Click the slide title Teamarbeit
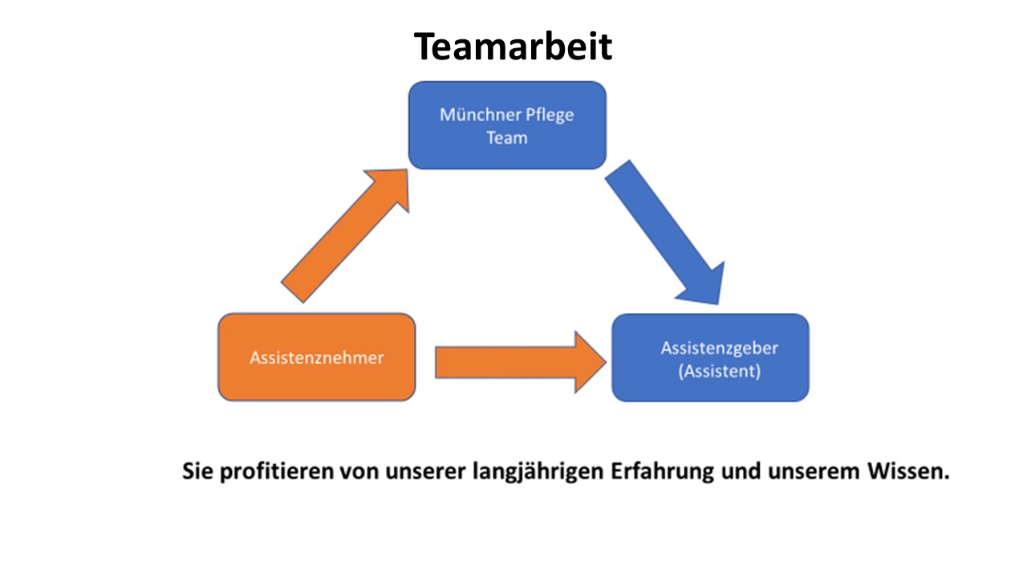[513, 47]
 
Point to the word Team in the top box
[507, 137]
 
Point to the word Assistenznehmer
[316, 358]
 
